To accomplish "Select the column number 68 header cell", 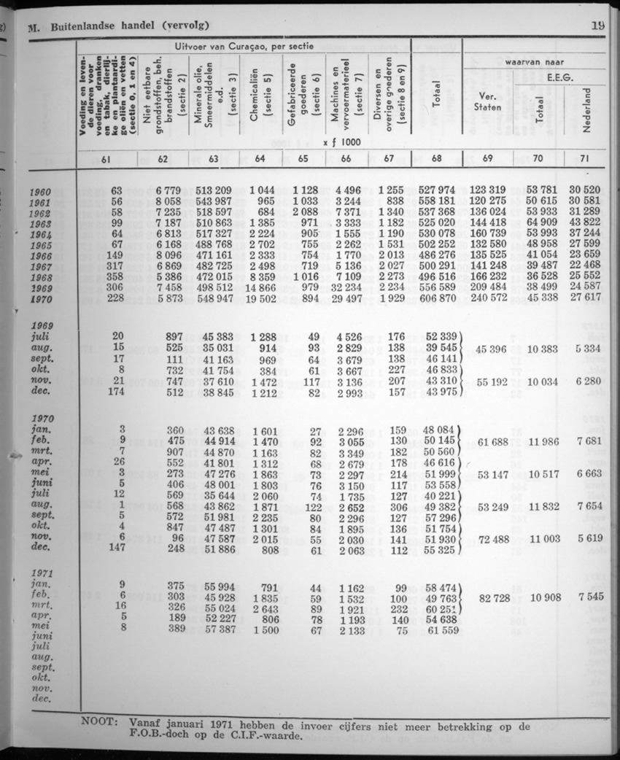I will pyautogui.click(x=435, y=157).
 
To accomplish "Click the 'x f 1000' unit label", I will pyautogui.click(x=342, y=143).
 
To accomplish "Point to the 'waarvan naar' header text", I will pyautogui.click(x=540, y=63).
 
